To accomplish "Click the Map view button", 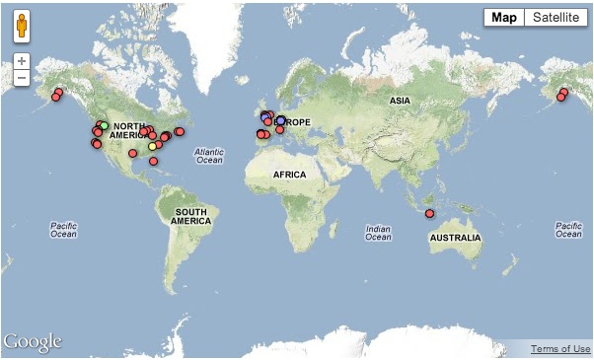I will (x=504, y=18).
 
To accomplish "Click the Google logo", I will (x=33, y=342).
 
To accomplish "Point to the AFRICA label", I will (x=290, y=175).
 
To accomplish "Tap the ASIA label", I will (x=400, y=101).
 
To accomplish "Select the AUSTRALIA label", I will (x=455, y=238).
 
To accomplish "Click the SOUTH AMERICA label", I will (x=191, y=217).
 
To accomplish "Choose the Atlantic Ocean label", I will (x=209, y=155).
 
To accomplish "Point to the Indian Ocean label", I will (x=378, y=232).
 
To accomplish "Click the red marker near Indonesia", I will (x=429, y=214).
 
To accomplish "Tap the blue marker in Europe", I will (x=281, y=120).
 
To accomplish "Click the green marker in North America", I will (x=104, y=125).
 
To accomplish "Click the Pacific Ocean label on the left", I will (x=63, y=230).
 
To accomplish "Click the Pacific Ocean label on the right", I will (x=568, y=230).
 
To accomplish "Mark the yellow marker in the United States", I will (x=152, y=147).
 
